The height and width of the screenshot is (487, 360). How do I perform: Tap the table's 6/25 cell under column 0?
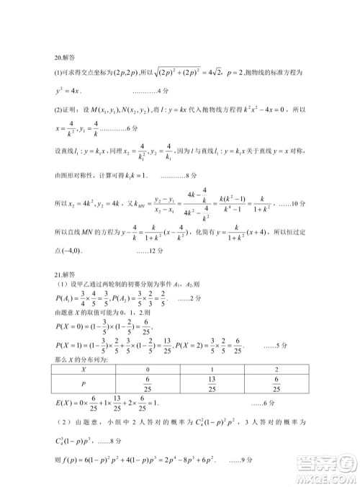tap(146, 383)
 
